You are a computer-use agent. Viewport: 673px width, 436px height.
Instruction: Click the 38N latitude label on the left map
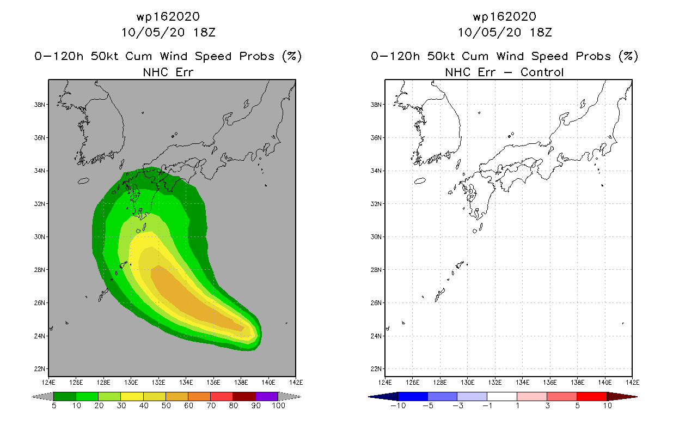coord(39,105)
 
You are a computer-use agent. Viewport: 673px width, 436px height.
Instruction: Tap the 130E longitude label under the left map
coord(131,383)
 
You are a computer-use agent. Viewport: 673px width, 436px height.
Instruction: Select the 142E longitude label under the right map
coord(633,383)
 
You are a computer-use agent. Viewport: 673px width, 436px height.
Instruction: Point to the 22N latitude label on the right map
coord(376,369)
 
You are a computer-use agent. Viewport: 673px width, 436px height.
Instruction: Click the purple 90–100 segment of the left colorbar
coord(267,396)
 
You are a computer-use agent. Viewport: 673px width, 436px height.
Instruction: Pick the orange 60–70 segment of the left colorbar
coord(199,396)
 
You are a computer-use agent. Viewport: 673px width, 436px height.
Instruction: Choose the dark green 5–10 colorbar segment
coord(65,396)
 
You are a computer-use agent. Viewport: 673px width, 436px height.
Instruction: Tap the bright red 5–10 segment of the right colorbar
coord(592,396)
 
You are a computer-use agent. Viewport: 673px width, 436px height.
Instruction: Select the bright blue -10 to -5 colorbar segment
coord(413,396)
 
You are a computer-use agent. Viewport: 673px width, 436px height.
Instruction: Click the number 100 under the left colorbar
coord(279,405)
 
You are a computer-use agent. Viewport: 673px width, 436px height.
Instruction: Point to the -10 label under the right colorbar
coord(398,405)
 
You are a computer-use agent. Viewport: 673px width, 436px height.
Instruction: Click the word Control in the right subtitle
coord(542,72)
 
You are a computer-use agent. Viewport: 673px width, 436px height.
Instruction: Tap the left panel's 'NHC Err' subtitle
coord(168,72)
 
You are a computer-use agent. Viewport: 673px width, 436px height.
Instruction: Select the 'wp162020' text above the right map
coord(504,16)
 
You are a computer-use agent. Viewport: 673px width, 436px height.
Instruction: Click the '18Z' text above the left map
coord(204,32)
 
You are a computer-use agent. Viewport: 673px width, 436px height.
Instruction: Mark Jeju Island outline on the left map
coord(83,181)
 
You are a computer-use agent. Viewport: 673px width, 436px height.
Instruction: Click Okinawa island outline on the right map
coord(440,295)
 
